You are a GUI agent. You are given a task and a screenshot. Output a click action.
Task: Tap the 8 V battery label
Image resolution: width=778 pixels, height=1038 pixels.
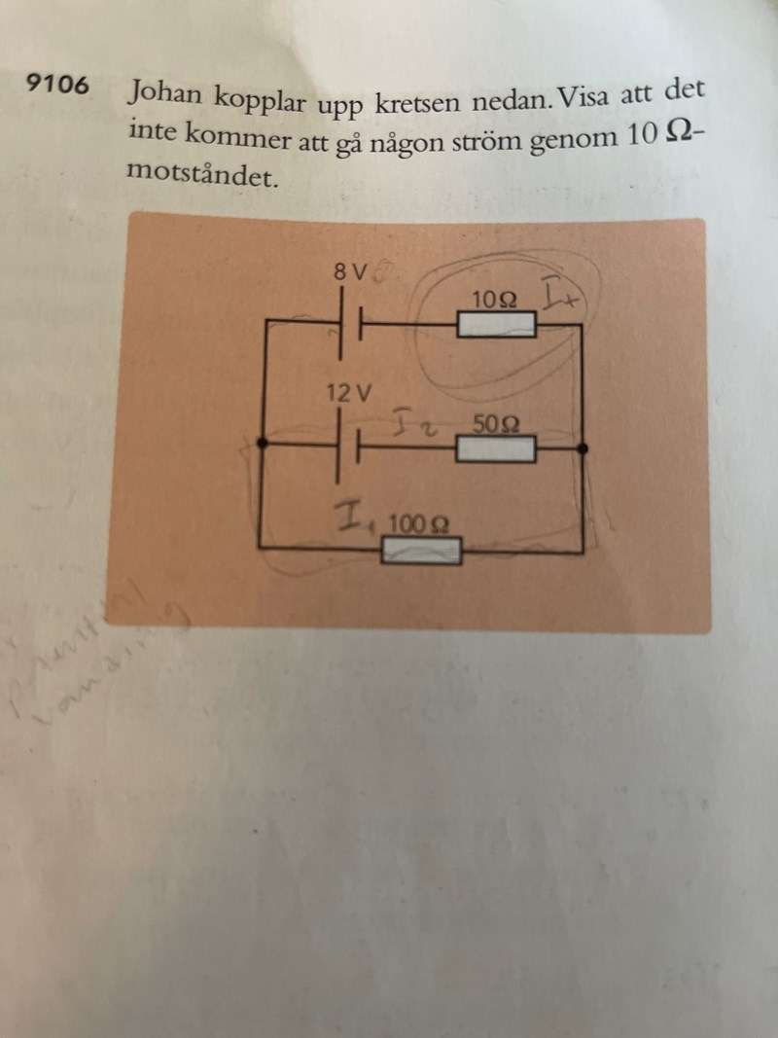click(x=349, y=273)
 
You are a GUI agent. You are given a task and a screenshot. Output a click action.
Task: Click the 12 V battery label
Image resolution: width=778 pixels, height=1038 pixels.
click(x=350, y=394)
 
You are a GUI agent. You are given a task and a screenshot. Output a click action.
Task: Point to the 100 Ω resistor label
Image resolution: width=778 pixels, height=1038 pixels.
click(x=417, y=525)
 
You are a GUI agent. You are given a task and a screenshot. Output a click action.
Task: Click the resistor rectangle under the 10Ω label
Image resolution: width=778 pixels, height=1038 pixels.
click(x=496, y=325)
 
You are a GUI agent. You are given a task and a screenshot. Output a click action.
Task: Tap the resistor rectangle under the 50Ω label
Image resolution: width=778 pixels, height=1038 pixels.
click(x=495, y=449)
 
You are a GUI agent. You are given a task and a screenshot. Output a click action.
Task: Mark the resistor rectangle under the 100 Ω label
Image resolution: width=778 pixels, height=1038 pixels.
click(x=421, y=552)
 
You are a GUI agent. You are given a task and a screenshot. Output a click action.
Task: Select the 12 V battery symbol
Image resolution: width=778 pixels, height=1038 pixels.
click(x=349, y=447)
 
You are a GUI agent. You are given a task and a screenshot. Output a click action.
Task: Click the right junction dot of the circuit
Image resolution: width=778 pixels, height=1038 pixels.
click(x=582, y=447)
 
